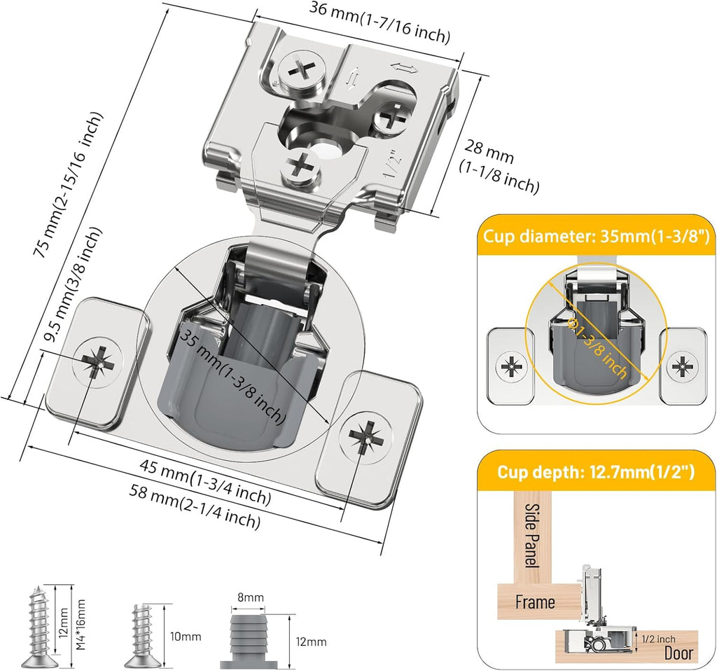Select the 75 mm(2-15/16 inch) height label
(x=69, y=189)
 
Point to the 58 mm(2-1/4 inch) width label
(x=195, y=506)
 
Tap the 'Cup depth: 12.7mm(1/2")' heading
(x=596, y=472)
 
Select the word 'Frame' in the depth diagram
(x=535, y=602)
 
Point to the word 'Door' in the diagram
(x=677, y=653)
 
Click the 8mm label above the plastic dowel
(x=250, y=597)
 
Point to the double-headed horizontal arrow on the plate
(x=403, y=68)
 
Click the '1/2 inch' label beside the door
(x=657, y=639)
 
